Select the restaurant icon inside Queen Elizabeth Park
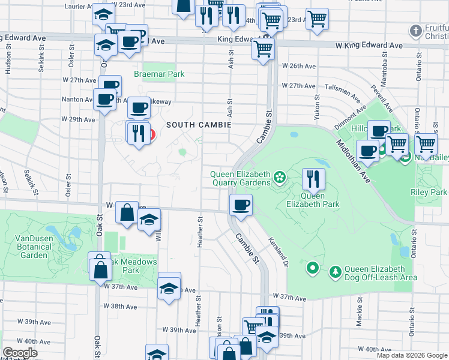tap(313, 178)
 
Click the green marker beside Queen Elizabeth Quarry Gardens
tap(279, 176)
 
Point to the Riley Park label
tap(429, 193)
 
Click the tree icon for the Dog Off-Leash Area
tap(335, 273)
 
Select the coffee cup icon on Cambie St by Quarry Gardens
tap(241, 205)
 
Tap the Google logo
tap(20, 353)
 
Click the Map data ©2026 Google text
tap(412, 355)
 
